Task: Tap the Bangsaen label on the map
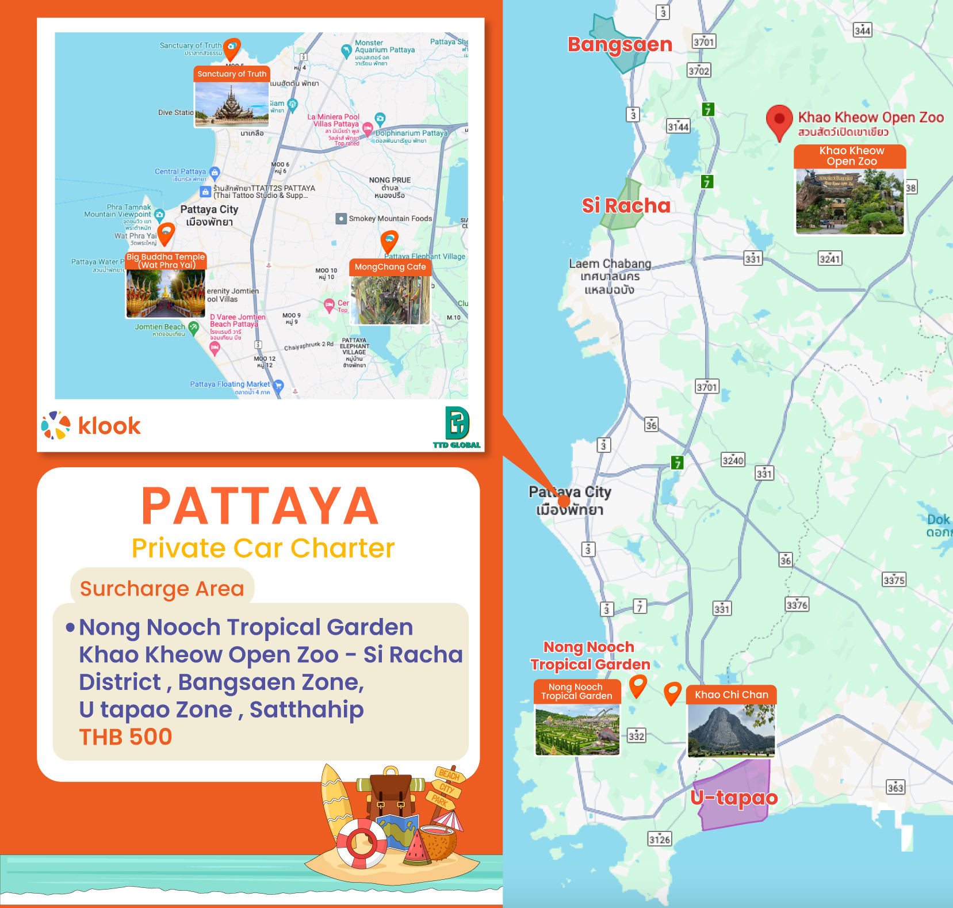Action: coord(619,45)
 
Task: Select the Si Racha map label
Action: coord(626,205)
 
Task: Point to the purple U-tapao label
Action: coord(734,798)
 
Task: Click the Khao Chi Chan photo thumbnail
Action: coord(731,730)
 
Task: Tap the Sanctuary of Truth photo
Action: coord(232,104)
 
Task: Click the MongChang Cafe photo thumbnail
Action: coord(391,300)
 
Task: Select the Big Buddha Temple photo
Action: coord(166,293)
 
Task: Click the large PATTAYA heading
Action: coord(260,506)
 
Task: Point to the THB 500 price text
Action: coord(125,737)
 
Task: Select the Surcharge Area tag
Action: coord(162,589)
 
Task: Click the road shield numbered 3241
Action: coord(829,259)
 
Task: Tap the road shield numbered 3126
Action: coord(660,840)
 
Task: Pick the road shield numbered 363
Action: coord(895,788)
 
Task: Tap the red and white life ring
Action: coord(361,843)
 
